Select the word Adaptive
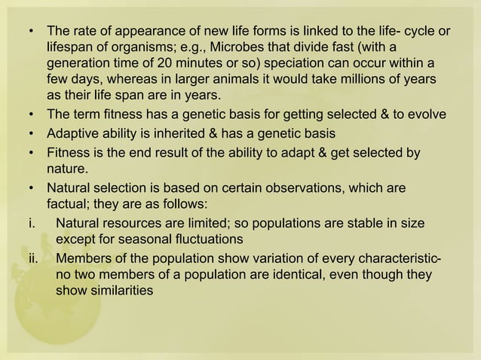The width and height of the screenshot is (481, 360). click(x=75, y=133)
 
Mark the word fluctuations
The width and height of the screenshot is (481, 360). click(x=206, y=239)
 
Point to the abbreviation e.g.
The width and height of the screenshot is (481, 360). click(x=201, y=47)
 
